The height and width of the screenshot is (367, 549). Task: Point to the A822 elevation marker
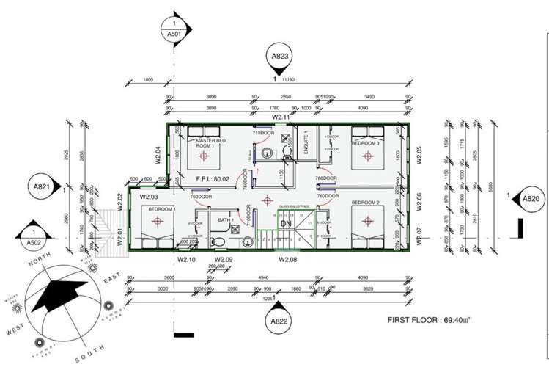pyautogui.click(x=279, y=321)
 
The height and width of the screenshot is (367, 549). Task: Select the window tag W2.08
pyautogui.click(x=287, y=258)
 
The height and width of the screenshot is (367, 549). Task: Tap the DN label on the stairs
pyautogui.click(x=285, y=224)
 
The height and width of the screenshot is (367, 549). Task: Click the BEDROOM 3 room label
pyautogui.click(x=365, y=144)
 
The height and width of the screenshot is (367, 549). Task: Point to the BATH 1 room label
pyautogui.click(x=225, y=220)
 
